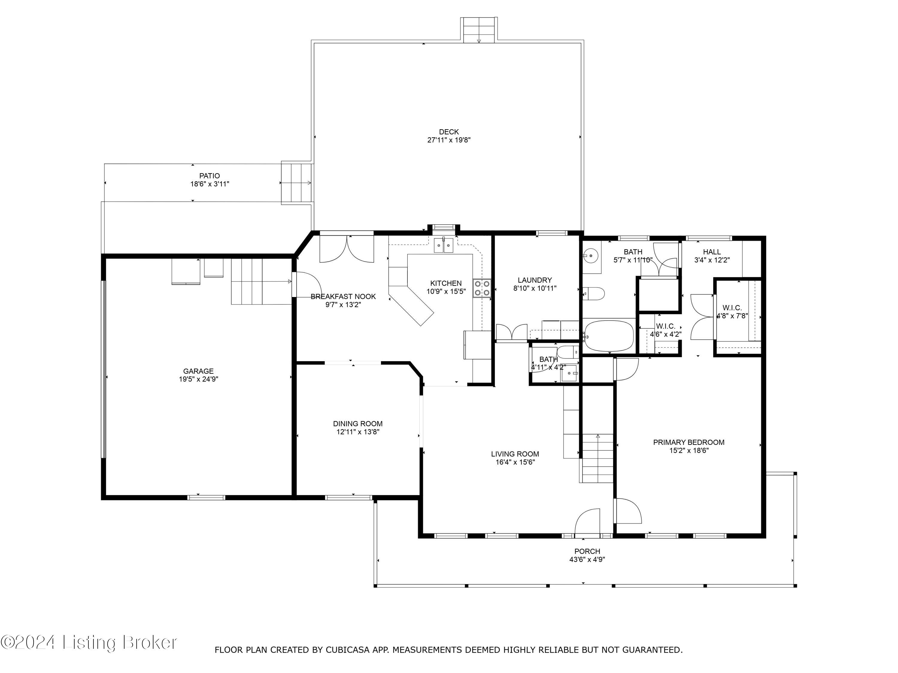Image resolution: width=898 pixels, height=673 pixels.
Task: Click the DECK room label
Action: pyautogui.click(x=449, y=132)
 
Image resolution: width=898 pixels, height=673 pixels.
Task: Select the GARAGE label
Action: pyautogui.click(x=198, y=371)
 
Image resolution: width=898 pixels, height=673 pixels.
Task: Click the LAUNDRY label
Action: pyautogui.click(x=535, y=280)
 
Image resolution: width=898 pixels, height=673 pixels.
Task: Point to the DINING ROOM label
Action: pyautogui.click(x=358, y=424)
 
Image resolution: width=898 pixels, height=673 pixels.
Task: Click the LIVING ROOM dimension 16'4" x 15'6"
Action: pyautogui.click(x=515, y=462)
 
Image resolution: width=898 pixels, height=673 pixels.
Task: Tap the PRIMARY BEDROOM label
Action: pyautogui.click(x=688, y=442)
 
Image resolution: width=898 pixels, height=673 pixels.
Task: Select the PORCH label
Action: pyautogui.click(x=587, y=551)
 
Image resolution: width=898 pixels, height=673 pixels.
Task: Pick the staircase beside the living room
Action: pyautogui.click(x=596, y=458)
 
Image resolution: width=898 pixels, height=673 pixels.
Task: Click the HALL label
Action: pyautogui.click(x=712, y=252)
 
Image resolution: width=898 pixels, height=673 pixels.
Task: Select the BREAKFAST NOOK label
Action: pyautogui.click(x=343, y=296)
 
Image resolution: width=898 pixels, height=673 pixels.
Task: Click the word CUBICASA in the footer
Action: pyautogui.click(x=348, y=650)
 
